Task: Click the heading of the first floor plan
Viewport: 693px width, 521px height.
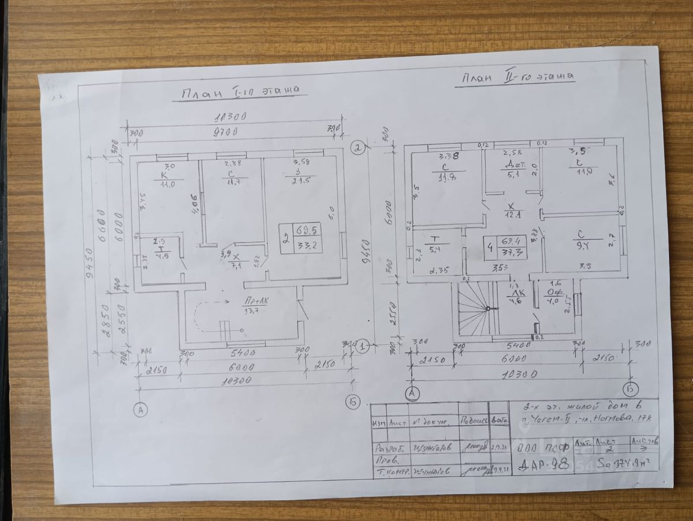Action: (x=239, y=92)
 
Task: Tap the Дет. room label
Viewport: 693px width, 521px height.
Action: (x=511, y=163)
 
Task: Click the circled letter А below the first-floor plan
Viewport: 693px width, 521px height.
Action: (x=139, y=410)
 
